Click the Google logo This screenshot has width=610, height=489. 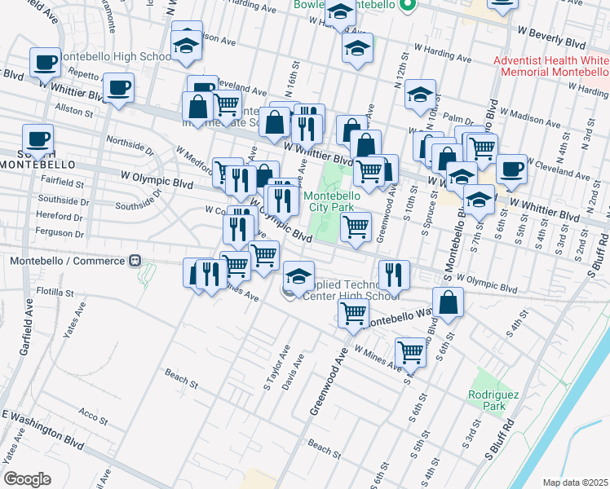tap(27, 479)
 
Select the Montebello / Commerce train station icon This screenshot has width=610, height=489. tap(135, 261)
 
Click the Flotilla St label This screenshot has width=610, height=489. tap(55, 292)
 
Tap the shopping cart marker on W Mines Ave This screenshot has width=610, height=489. tap(410, 351)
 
